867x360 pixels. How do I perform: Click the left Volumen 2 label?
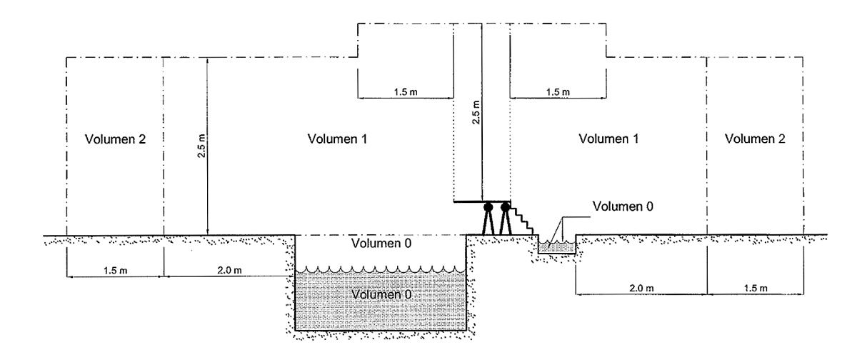click(115, 139)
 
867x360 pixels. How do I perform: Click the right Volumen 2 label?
click(754, 139)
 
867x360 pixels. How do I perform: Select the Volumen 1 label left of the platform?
click(337, 139)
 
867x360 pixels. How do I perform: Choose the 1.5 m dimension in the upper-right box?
click(558, 91)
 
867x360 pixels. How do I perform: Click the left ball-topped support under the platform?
click(488, 218)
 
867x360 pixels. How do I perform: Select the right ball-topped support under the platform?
click(506, 218)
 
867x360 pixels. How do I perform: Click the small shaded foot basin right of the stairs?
click(556, 246)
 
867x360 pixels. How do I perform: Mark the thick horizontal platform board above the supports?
click(481, 202)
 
